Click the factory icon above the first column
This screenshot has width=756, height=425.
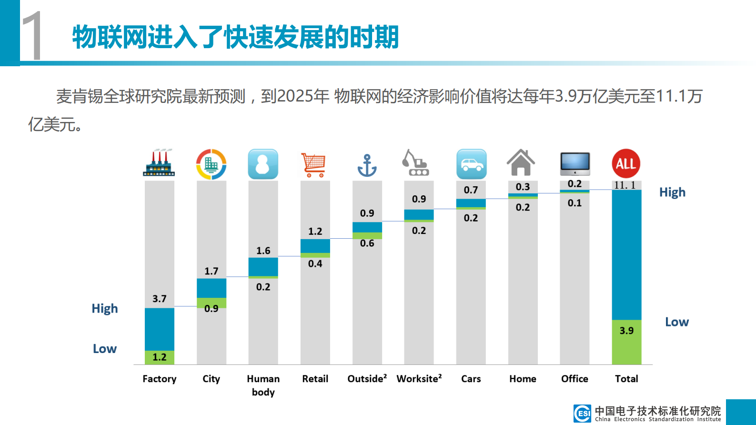click(x=159, y=164)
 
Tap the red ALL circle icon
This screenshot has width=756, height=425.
click(x=626, y=163)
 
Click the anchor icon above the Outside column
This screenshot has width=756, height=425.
click(x=367, y=165)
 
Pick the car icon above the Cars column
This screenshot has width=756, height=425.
click(x=471, y=164)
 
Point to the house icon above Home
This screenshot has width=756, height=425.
click(x=521, y=163)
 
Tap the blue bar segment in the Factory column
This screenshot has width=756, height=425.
click(x=159, y=329)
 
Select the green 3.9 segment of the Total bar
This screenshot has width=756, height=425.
click(x=626, y=342)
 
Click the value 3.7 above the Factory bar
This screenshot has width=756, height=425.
click(x=159, y=299)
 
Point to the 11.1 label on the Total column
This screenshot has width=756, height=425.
click(x=625, y=185)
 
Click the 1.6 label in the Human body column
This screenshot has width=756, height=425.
click(x=263, y=251)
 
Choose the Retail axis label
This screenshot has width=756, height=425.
click(x=315, y=379)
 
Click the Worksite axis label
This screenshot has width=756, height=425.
click(x=419, y=379)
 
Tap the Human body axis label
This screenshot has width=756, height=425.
click(x=263, y=385)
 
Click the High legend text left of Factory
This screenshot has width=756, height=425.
click(x=105, y=309)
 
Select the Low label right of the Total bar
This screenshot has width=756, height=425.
click(x=676, y=322)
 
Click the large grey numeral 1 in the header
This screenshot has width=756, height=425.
click(x=32, y=36)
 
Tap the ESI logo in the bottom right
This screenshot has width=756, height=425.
click(x=582, y=413)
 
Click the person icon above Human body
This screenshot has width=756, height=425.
click(x=263, y=164)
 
